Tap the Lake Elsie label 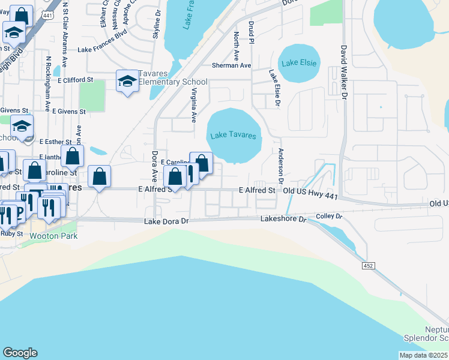tap(298, 62)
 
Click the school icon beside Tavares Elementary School tap(127, 81)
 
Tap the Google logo tap(20, 353)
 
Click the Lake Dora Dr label tap(167, 222)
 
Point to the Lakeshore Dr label tap(283, 220)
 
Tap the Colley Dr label tap(329, 215)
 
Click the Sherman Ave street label tap(231, 65)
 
